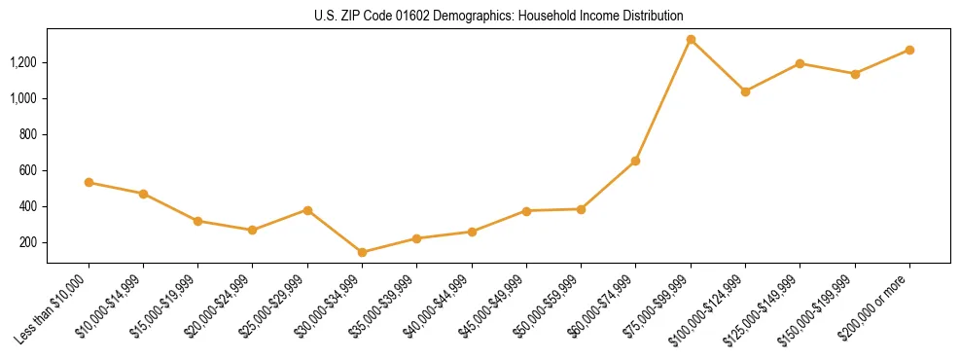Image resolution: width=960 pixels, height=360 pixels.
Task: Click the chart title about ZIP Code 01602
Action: (x=499, y=17)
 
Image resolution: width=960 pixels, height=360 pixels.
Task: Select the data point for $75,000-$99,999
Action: (x=691, y=40)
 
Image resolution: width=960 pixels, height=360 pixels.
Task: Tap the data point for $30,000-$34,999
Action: (x=362, y=252)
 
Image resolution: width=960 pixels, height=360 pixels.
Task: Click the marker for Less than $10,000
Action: (x=89, y=182)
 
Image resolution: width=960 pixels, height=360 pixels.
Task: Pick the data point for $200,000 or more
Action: (x=909, y=50)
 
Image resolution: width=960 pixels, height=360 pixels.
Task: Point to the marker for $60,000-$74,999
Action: (x=635, y=161)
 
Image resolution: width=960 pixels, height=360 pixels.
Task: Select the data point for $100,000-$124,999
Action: (x=745, y=91)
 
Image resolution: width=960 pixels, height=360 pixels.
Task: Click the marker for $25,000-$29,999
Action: (x=307, y=210)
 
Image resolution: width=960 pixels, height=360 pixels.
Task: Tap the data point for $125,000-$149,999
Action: (x=800, y=63)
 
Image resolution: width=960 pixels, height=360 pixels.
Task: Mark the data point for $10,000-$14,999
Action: (x=143, y=194)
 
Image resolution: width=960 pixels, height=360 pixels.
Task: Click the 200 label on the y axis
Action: (x=29, y=242)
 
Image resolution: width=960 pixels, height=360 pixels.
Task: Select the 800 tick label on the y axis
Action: (x=29, y=134)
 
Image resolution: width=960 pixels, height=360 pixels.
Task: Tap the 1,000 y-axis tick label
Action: (x=24, y=98)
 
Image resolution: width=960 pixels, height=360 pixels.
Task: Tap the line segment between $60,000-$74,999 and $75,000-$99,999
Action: (x=663, y=100)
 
